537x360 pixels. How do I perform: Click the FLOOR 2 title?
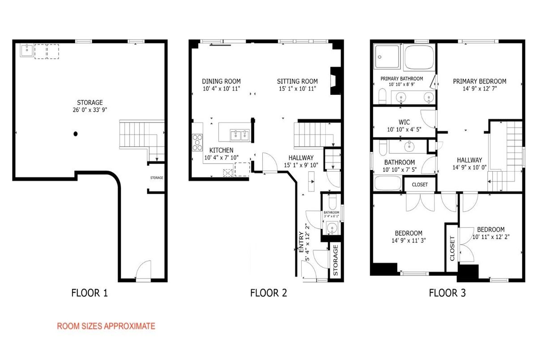268,293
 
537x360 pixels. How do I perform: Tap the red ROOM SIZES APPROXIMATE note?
106,326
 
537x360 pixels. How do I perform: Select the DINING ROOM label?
221,81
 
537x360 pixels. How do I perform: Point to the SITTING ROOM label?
297,81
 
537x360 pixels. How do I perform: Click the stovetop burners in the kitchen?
197,143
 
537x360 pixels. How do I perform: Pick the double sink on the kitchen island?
239,135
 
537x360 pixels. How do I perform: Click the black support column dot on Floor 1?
76,134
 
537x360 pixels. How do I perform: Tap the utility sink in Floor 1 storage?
27,50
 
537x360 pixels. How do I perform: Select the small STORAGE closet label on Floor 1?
157,178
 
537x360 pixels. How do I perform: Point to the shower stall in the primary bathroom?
387,57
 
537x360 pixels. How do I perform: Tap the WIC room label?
404,122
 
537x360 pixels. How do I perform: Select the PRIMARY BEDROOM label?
480,81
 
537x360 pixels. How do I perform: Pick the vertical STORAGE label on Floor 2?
336,260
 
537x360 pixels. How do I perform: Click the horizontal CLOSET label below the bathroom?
420,185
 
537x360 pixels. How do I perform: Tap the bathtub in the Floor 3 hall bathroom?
388,183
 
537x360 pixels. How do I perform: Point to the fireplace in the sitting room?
335,80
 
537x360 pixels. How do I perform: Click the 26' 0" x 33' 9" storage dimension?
90,110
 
